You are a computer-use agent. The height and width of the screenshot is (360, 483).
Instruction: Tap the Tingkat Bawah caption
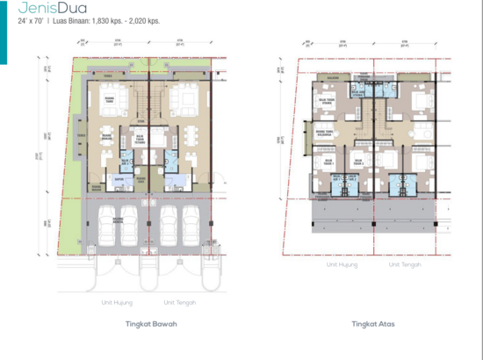141,323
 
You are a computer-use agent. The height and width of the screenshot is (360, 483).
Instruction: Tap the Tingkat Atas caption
372,323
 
